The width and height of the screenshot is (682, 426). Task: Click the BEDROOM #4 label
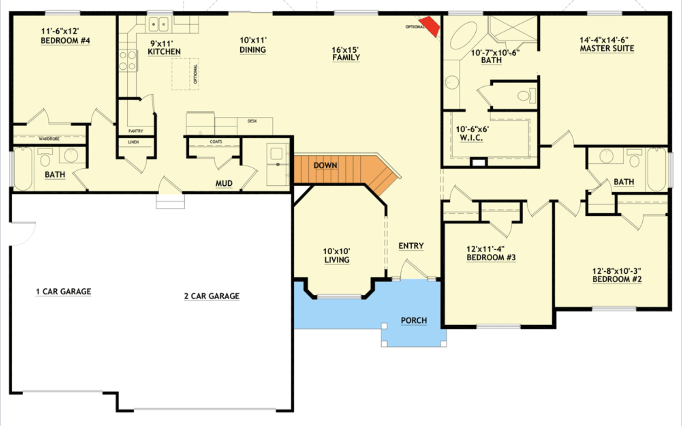point(65,41)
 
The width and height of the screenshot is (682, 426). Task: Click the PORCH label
point(414,321)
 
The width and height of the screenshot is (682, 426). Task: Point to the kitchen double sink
point(159,25)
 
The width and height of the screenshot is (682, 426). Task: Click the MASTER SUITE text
point(607,49)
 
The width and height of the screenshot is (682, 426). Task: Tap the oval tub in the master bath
point(463,35)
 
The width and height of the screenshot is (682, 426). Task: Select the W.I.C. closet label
point(471,138)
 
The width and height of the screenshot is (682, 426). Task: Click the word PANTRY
point(135,131)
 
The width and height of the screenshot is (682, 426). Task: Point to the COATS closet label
point(216,142)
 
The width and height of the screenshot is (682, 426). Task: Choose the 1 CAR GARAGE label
point(64,291)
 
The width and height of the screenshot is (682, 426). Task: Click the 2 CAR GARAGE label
point(212,296)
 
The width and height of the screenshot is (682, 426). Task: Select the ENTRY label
point(411,246)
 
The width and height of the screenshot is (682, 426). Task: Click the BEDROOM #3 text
point(491,258)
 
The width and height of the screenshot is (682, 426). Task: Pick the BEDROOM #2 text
point(617,279)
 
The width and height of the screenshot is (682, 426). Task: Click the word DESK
point(252,121)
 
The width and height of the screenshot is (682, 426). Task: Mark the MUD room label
point(224,183)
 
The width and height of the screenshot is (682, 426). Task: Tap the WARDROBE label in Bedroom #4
point(49,139)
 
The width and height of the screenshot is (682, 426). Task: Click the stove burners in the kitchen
point(128,61)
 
